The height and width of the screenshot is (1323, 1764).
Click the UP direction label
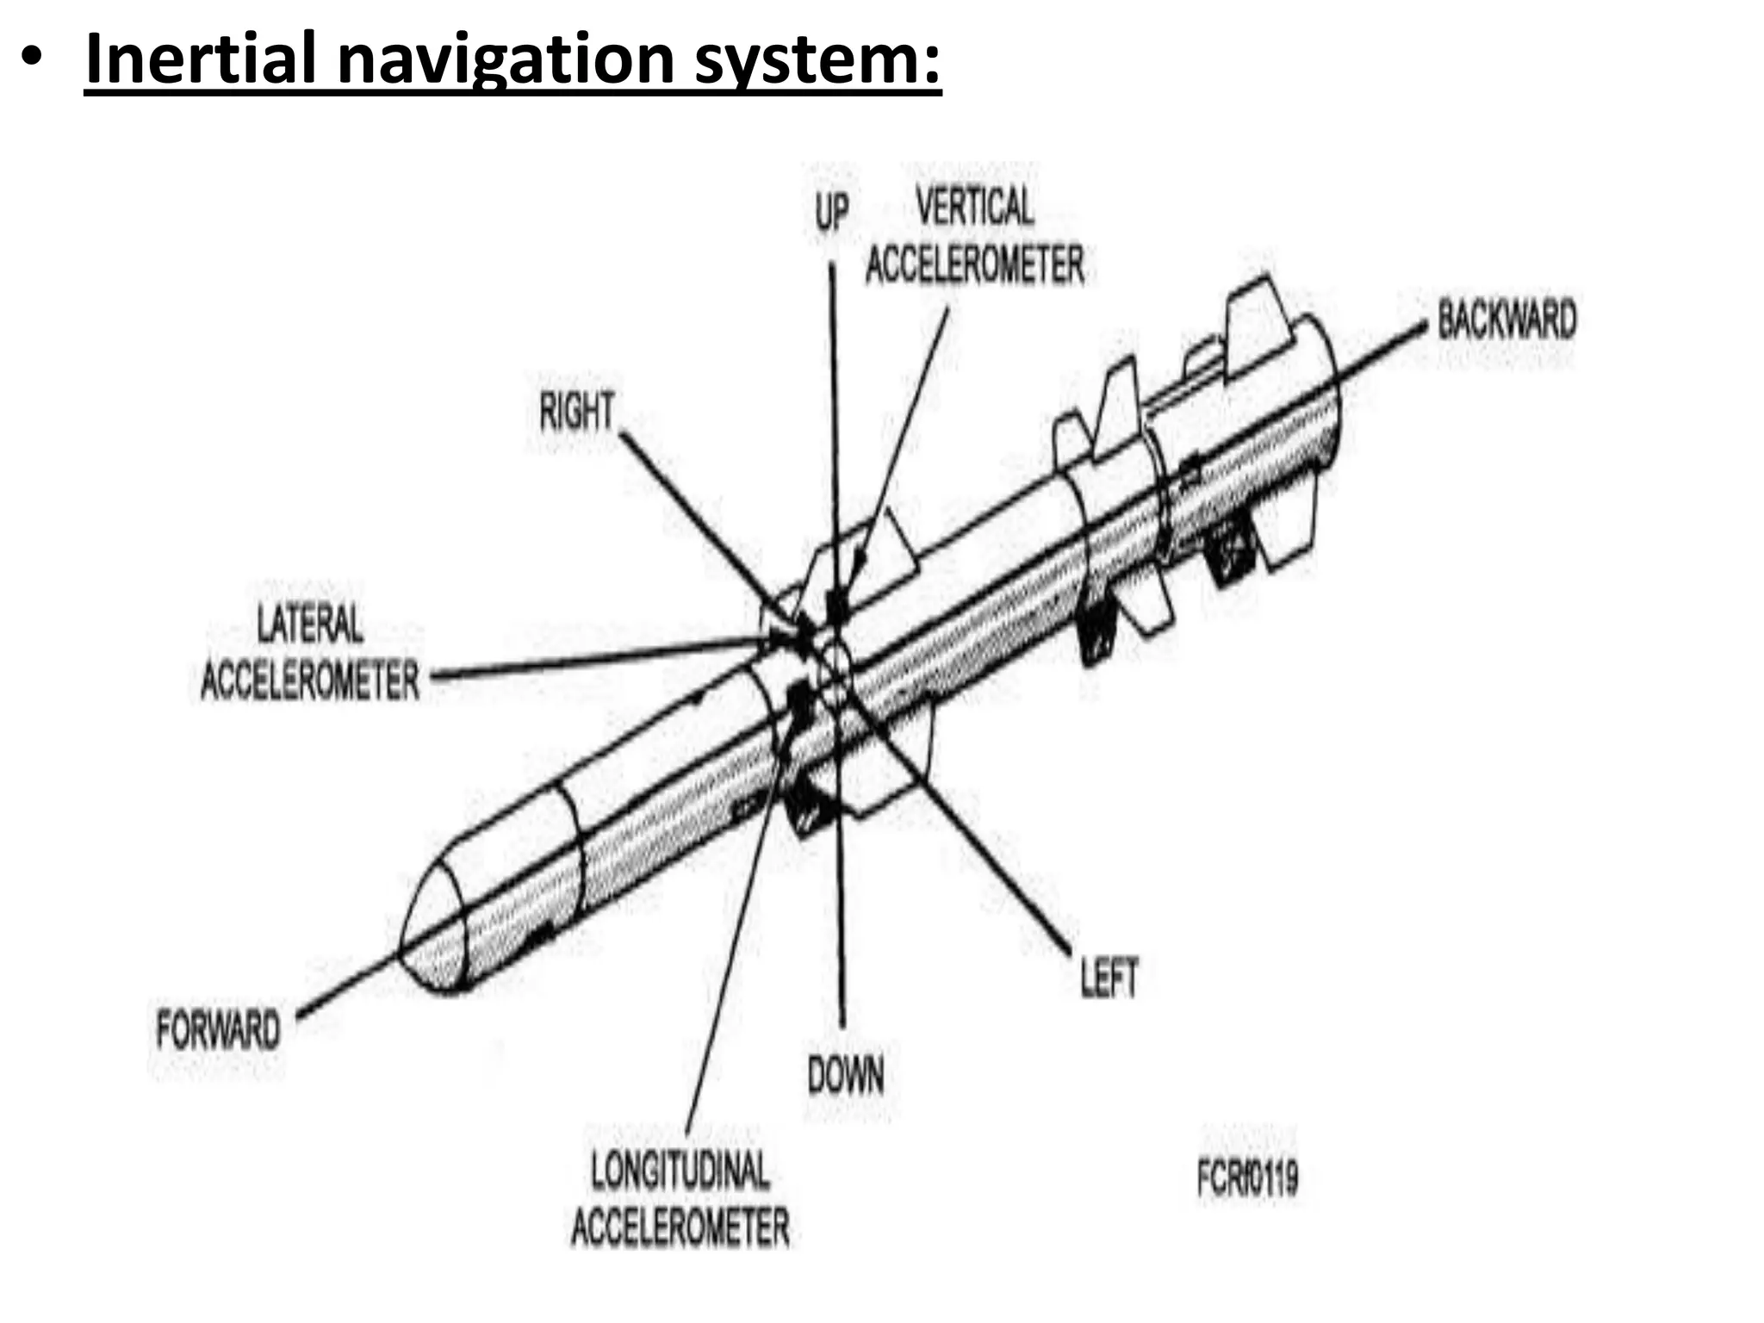pos(831,211)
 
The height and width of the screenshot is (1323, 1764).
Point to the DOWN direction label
pos(845,1076)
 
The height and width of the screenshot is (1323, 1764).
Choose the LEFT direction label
pos(1109,978)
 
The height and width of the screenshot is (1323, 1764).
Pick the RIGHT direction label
pos(576,411)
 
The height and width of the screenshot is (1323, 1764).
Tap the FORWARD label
pos(218,1030)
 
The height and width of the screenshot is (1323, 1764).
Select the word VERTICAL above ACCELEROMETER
pos(974,207)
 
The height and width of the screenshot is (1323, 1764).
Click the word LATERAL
pos(310,624)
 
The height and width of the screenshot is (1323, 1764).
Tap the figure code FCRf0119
pos(1247,1177)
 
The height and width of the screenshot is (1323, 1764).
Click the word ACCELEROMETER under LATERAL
pos(310,680)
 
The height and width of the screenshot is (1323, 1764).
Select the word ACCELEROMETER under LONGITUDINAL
pos(680,1227)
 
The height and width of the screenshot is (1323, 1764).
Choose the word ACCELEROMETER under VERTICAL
pos(974,264)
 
